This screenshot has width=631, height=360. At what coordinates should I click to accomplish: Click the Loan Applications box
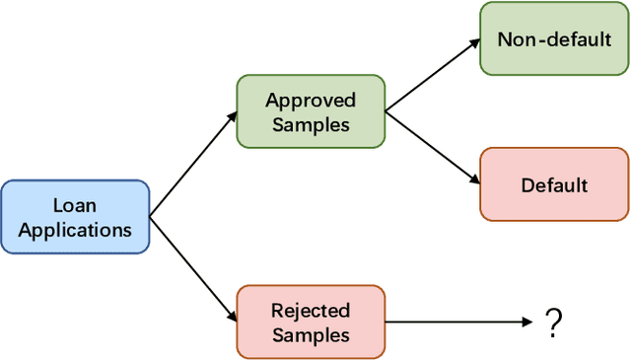pos(75,218)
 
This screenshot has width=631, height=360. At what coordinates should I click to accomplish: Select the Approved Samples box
pos(311,112)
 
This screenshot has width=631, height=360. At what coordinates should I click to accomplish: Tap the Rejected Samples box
pos(311,323)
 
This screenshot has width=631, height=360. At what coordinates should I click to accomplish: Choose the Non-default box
pos(553,39)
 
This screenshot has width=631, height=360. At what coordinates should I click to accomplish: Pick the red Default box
pos(553,184)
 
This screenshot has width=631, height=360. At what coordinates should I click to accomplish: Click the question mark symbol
pos(553,322)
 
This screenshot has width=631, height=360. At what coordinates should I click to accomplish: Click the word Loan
pos(75,206)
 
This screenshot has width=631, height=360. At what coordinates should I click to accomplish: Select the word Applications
pos(75,230)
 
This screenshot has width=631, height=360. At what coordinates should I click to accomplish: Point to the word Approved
pos(311,101)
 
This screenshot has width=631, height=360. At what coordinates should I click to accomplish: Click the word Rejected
pos(311,311)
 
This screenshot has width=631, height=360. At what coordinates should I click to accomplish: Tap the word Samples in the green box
pos(311,124)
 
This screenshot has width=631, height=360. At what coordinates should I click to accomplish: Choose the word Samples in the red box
pos(311,334)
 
